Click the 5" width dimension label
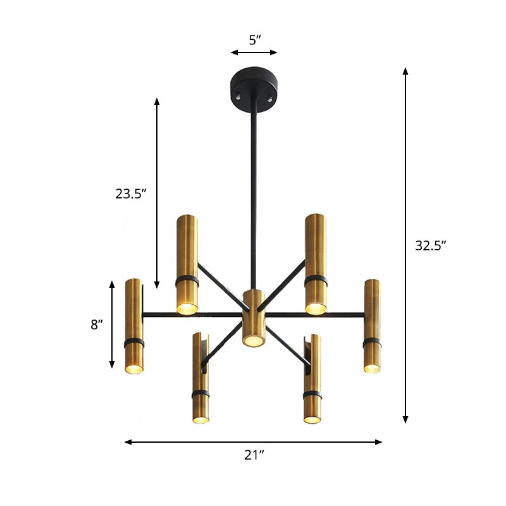254,40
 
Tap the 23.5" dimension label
131,194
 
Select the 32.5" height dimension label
431,246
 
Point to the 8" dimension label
96,324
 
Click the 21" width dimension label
254,455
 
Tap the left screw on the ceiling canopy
238,98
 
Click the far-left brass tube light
133,326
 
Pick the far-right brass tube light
372,326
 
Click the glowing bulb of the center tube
253,341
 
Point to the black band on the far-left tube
133,342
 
